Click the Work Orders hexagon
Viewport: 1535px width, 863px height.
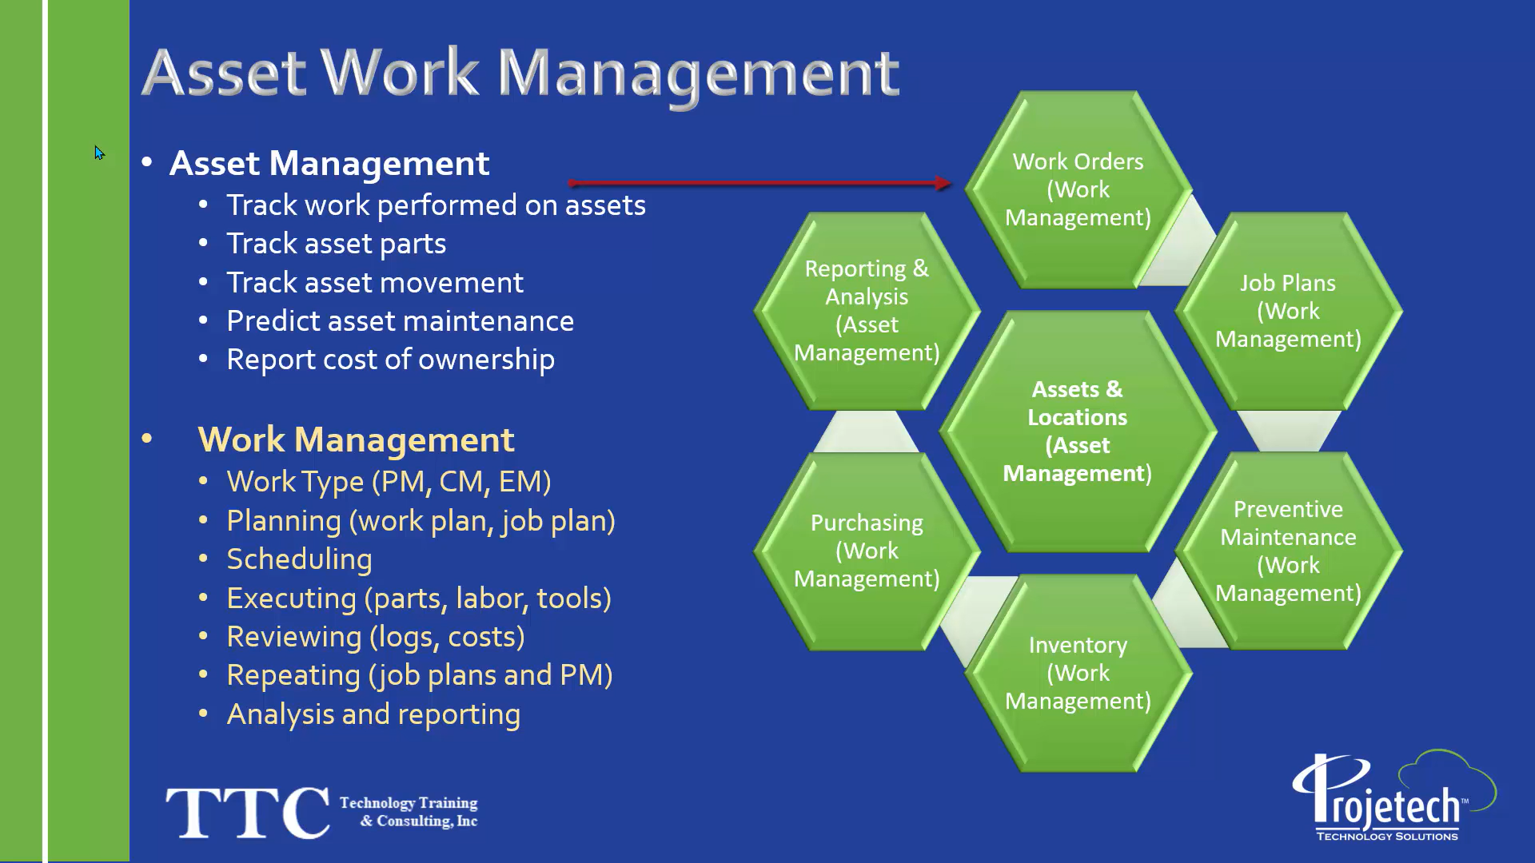click(1078, 190)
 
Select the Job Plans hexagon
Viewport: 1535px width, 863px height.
click(1288, 312)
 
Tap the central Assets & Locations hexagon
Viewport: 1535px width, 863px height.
click(1078, 431)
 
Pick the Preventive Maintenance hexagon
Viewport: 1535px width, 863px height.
click(1288, 551)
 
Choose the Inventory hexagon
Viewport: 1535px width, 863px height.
click(1078, 673)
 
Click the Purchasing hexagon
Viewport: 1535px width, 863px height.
click(867, 551)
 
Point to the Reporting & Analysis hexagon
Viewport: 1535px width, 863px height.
click(867, 311)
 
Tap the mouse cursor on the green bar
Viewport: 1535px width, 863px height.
click(99, 153)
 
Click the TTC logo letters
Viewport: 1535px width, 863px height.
click(247, 812)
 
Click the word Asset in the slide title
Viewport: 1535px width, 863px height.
click(224, 73)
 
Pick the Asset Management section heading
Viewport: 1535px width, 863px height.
click(329, 164)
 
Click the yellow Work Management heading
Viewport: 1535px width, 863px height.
click(356, 440)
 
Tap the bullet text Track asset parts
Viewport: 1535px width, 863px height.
click(336, 244)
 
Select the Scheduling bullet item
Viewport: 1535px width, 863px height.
click(299, 559)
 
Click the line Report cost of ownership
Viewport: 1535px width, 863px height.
click(390, 360)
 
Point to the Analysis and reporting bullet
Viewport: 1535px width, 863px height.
click(373, 714)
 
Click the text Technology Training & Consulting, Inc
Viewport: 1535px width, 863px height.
click(409, 812)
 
